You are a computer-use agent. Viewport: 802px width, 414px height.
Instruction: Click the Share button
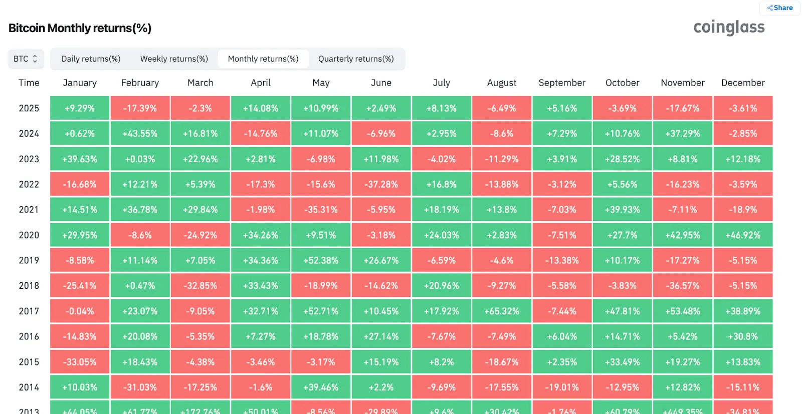(780, 8)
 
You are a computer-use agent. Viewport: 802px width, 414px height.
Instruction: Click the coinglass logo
(729, 27)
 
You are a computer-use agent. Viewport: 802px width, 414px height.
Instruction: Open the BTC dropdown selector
(26, 59)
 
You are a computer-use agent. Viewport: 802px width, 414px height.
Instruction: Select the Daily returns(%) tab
(91, 59)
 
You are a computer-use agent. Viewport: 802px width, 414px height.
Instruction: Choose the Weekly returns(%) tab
(174, 59)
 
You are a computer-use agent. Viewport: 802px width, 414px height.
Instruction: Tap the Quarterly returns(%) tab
(356, 59)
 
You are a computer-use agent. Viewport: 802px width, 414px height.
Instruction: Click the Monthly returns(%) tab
(263, 59)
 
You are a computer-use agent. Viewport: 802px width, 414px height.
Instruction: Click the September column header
(562, 83)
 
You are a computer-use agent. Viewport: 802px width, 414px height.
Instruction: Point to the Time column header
(29, 83)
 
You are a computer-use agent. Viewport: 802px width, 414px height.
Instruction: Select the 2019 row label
(29, 260)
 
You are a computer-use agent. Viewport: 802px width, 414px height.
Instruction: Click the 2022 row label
(29, 184)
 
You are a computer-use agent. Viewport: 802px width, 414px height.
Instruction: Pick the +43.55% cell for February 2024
(140, 134)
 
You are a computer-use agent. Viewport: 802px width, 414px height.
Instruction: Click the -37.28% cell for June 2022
(381, 184)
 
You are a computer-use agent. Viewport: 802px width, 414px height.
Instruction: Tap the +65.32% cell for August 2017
(502, 311)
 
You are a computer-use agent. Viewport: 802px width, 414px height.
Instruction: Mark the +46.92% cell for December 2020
(743, 235)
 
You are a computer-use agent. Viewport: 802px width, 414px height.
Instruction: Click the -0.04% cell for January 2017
(80, 311)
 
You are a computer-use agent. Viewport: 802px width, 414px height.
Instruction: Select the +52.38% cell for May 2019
(321, 260)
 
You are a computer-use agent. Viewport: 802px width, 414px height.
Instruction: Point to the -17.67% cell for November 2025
(683, 108)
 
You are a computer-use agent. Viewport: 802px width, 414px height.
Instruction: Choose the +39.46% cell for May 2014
(321, 387)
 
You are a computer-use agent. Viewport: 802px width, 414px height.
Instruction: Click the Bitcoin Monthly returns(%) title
(80, 28)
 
